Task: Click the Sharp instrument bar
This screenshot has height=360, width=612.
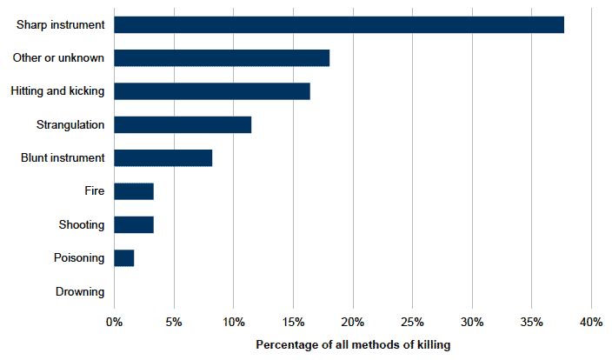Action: tap(339, 24)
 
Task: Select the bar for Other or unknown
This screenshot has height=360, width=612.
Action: tap(222, 57)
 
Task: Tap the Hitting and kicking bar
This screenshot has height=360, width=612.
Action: tap(212, 91)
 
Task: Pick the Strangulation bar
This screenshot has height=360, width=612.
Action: tap(183, 124)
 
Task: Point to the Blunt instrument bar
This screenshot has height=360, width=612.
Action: tap(163, 157)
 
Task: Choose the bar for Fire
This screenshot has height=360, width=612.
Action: tap(134, 191)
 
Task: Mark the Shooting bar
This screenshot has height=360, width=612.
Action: tap(134, 224)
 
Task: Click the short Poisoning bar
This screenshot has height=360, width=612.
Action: tap(124, 258)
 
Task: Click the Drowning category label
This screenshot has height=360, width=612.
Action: tap(80, 291)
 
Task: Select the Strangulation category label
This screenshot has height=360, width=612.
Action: tap(70, 124)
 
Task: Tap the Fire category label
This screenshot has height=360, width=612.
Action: tap(95, 190)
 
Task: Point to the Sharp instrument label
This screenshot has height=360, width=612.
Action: tap(61, 24)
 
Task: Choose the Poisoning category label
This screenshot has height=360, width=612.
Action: tap(79, 258)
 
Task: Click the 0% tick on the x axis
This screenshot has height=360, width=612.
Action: tap(114, 322)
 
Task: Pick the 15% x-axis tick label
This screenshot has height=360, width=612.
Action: tap(293, 322)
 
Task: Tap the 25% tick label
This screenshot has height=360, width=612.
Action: tap(413, 322)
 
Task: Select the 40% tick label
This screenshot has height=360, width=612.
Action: tap(591, 322)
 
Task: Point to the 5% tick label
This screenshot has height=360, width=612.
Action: tap(174, 322)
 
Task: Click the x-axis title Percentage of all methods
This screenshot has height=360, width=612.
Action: tap(330, 344)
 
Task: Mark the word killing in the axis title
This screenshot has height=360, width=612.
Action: tap(434, 344)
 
